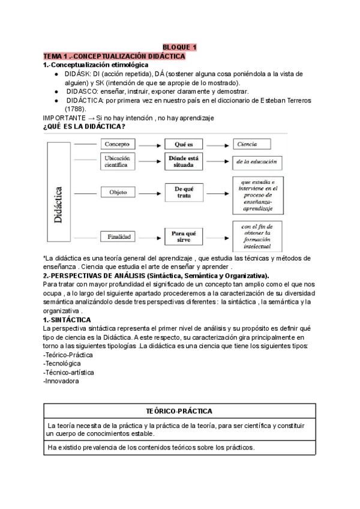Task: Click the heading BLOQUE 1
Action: coord(179,47)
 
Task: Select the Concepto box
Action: coord(116,145)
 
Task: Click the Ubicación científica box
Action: coord(116,161)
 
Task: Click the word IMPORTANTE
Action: coord(64,118)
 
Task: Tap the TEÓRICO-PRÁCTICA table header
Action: coord(180,411)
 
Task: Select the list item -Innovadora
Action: coord(61,381)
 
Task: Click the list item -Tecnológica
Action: coord(62,364)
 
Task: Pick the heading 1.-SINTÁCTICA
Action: coord(67,321)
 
